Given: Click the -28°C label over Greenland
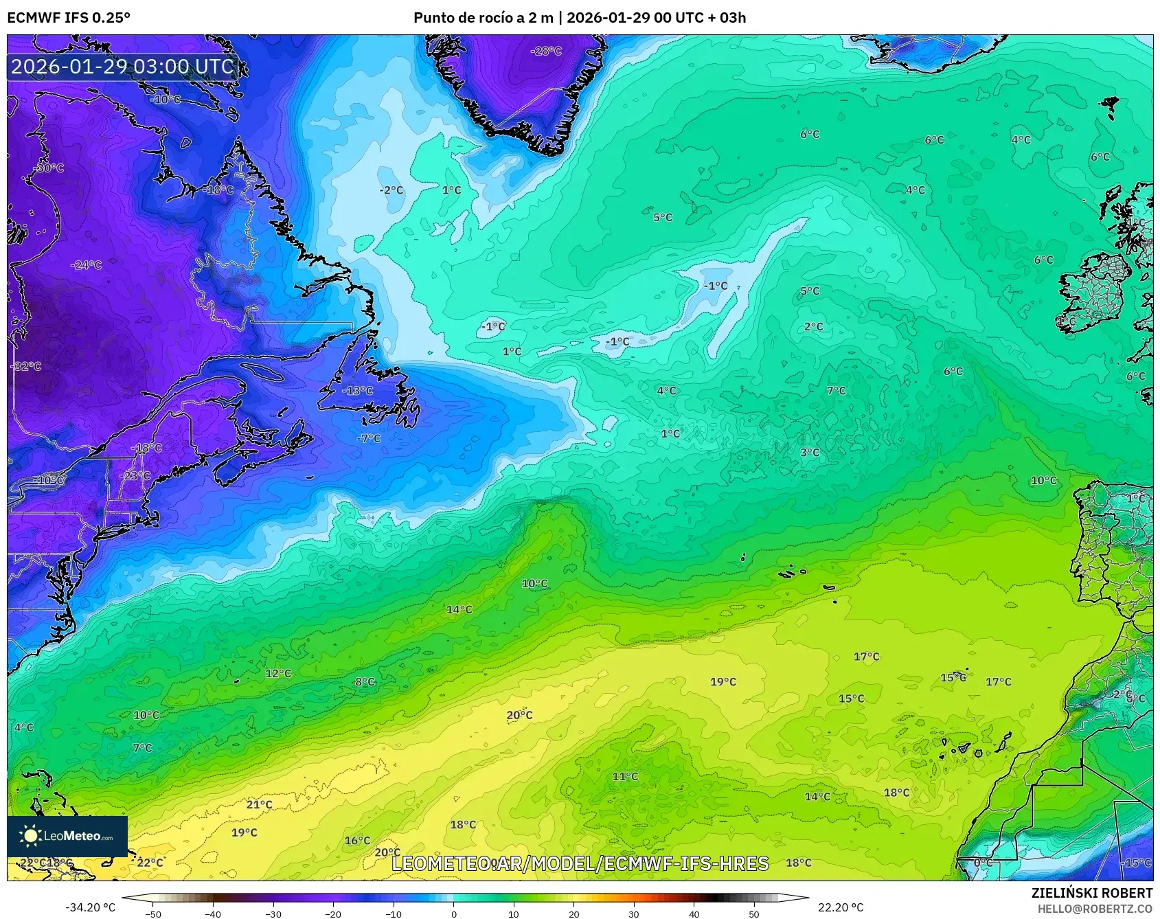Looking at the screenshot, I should (x=546, y=51).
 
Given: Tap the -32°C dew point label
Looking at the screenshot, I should (x=27, y=366).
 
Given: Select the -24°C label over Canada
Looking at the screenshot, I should (x=87, y=265).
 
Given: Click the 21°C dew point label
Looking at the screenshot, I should (x=259, y=804).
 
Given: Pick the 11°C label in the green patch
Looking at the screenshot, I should (x=625, y=776).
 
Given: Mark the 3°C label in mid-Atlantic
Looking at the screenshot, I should (x=810, y=453).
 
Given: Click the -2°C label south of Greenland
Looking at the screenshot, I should (x=391, y=190).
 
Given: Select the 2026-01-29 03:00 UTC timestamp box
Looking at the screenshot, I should (x=123, y=67).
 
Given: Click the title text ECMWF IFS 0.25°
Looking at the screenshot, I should (x=69, y=18).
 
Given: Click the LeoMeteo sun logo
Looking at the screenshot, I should (x=30, y=836).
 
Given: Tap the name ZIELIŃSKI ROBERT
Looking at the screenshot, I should (x=1091, y=893).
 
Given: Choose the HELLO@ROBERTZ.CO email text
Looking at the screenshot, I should (x=1095, y=909).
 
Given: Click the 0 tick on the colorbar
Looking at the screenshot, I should (x=453, y=914).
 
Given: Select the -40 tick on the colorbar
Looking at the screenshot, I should (x=213, y=914).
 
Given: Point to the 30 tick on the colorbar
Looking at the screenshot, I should (x=634, y=914).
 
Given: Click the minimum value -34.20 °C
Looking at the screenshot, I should (x=90, y=907).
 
